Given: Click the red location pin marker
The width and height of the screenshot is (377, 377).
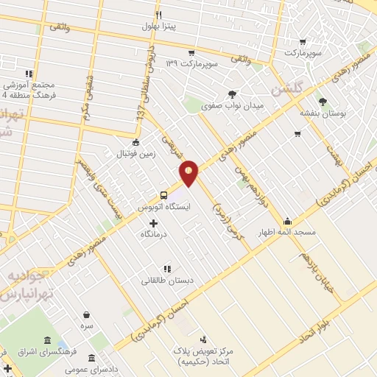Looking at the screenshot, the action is tap(189, 172).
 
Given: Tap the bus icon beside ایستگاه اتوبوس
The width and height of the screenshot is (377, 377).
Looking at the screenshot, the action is tap(163, 196).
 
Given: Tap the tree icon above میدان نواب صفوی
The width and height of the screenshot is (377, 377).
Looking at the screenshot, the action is tap(233, 94).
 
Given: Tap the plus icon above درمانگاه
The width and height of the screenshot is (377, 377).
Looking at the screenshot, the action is tap(153, 222).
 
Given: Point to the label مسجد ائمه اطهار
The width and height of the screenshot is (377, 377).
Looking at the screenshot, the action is tap(292, 232).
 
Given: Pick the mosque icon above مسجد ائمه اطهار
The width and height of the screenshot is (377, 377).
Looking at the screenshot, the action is tap(287, 220).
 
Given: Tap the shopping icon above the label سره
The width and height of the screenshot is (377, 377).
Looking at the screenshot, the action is tap(87, 314).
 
